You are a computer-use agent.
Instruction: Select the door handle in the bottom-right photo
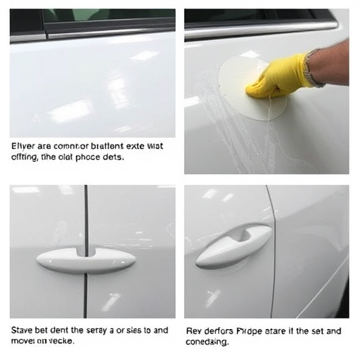[x=232, y=246]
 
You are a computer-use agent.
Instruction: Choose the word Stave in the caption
[x=23, y=329]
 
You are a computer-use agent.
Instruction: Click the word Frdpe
[x=248, y=329]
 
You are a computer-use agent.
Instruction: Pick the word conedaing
[x=207, y=342]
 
